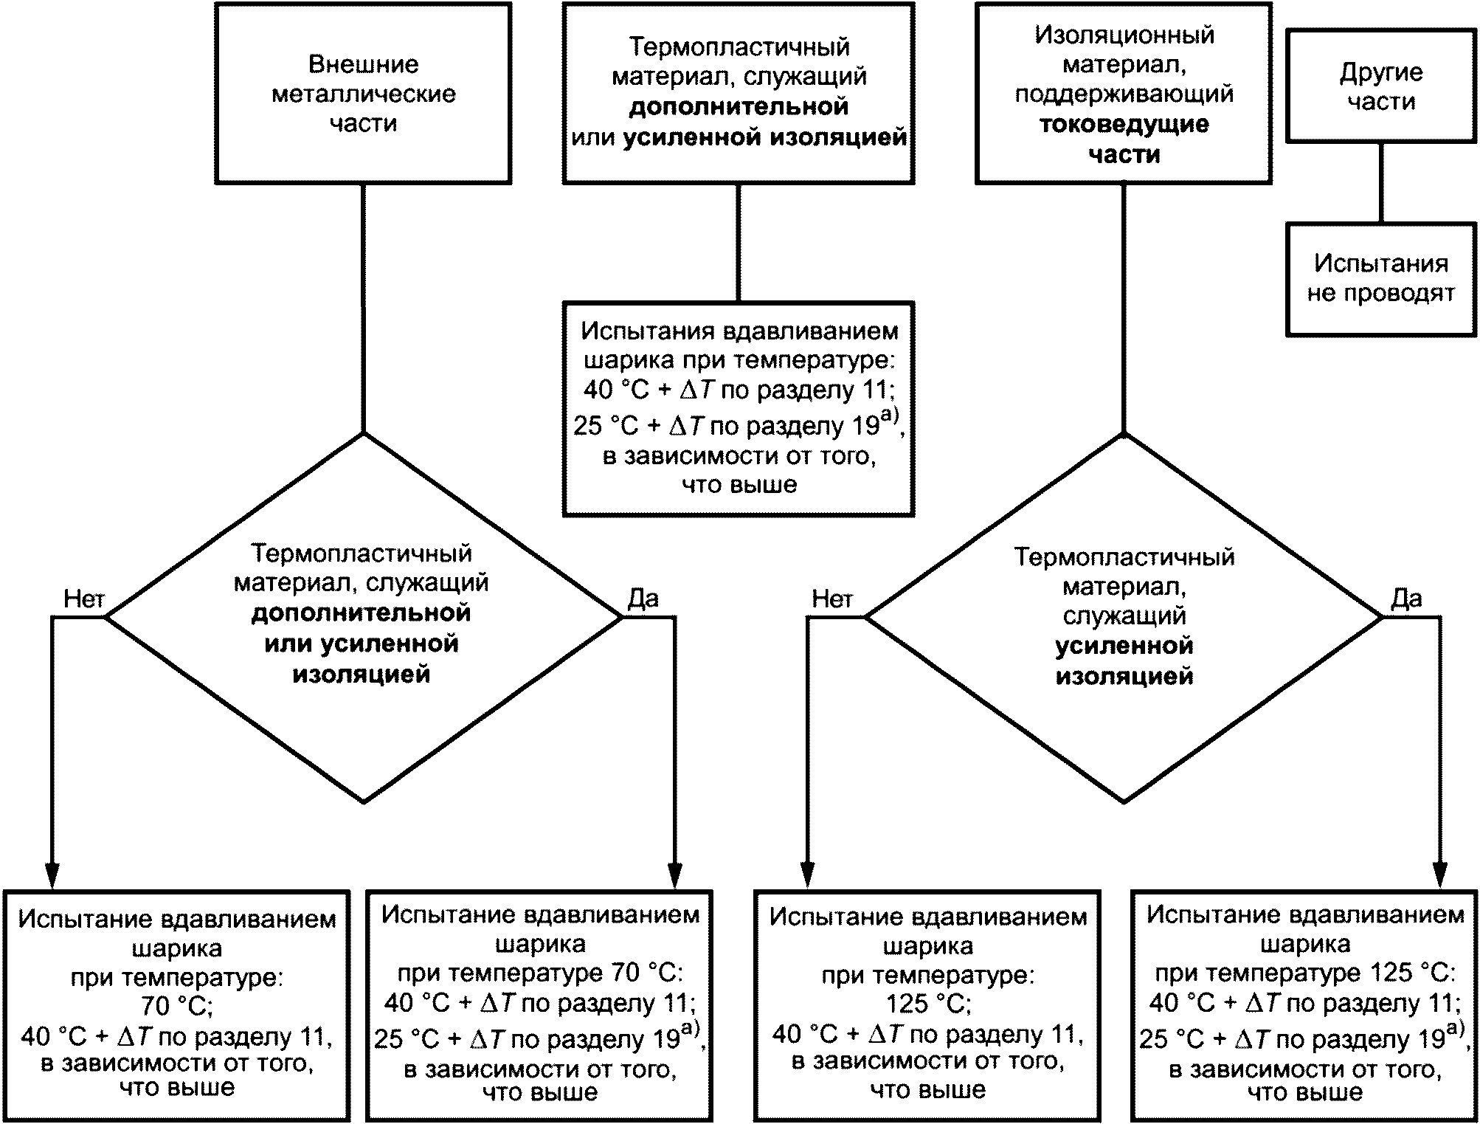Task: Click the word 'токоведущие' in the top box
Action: click(x=1124, y=124)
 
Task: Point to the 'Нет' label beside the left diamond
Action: click(x=84, y=599)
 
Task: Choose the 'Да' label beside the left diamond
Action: click(x=643, y=599)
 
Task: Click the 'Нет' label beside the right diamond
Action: click(x=832, y=599)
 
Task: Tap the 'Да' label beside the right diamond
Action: click(x=1406, y=599)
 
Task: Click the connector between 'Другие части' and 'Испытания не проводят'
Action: click(x=1381, y=183)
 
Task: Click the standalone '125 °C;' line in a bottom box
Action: click(x=928, y=1004)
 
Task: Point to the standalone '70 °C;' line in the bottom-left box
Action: click(x=176, y=1005)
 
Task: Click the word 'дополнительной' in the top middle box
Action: click(x=739, y=107)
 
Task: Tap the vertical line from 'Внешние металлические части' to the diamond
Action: click(x=363, y=308)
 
